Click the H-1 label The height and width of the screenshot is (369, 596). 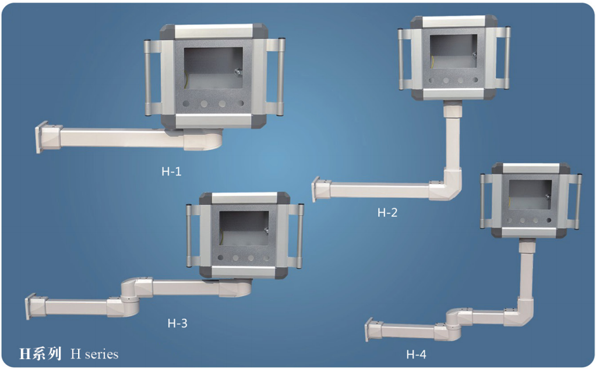171,171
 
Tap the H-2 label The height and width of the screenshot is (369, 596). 387,212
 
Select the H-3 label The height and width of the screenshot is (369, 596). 178,324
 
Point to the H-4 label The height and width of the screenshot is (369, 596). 416,354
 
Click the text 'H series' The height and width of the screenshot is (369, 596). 94,354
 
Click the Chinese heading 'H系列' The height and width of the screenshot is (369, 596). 40,354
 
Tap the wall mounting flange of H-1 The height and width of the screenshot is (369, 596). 39,138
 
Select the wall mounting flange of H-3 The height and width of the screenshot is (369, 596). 29,306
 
